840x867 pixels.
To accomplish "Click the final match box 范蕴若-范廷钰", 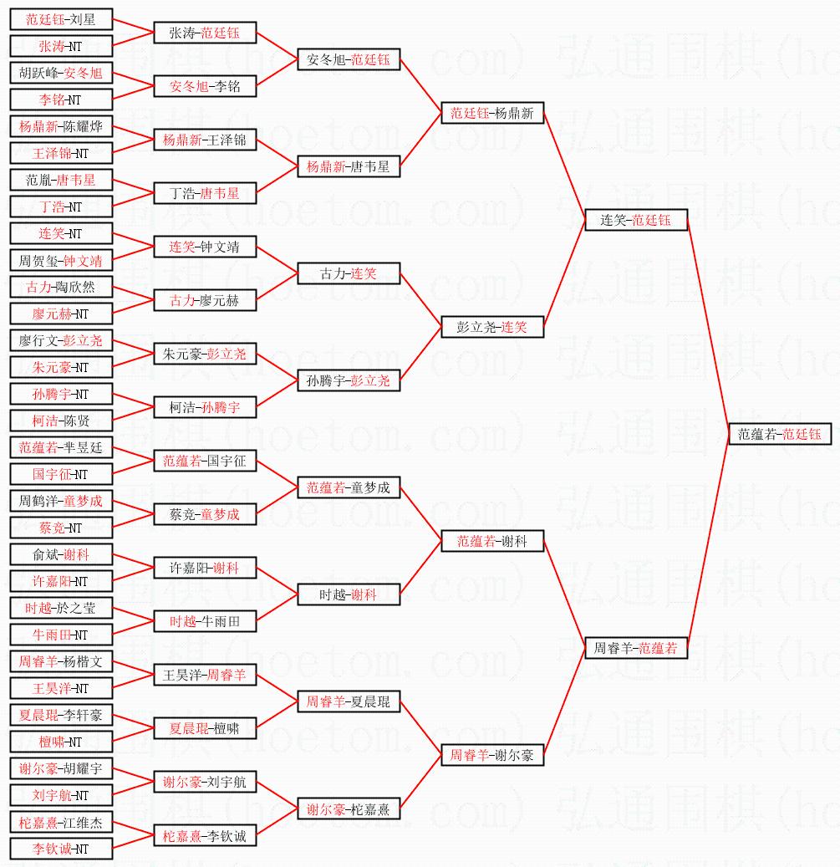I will [779, 435].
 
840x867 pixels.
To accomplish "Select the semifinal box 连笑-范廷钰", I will [636, 220].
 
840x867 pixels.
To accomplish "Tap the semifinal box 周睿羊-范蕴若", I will [636, 647].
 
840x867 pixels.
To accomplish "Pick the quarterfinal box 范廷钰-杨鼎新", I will [492, 113].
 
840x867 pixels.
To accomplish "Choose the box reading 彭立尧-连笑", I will [492, 327].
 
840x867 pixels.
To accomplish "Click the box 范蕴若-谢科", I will [492, 541].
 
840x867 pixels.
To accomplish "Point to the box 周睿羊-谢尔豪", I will [492, 755].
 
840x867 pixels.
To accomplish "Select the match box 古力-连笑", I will [349, 273].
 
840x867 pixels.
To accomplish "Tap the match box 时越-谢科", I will [349, 594].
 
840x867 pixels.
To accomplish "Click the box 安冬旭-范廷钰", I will [349, 59].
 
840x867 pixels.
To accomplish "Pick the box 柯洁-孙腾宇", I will [205, 407].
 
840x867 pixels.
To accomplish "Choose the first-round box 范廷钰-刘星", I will [61, 19].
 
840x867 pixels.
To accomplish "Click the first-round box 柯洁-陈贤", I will [61, 421].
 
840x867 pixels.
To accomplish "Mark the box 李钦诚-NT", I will [61, 849].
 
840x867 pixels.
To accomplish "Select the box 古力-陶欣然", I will [61, 287].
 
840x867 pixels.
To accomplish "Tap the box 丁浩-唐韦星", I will [205, 193].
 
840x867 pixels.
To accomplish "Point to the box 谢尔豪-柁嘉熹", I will [349, 808].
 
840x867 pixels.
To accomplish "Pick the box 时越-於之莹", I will [61, 608].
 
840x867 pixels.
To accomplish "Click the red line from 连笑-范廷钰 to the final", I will [708, 326].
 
